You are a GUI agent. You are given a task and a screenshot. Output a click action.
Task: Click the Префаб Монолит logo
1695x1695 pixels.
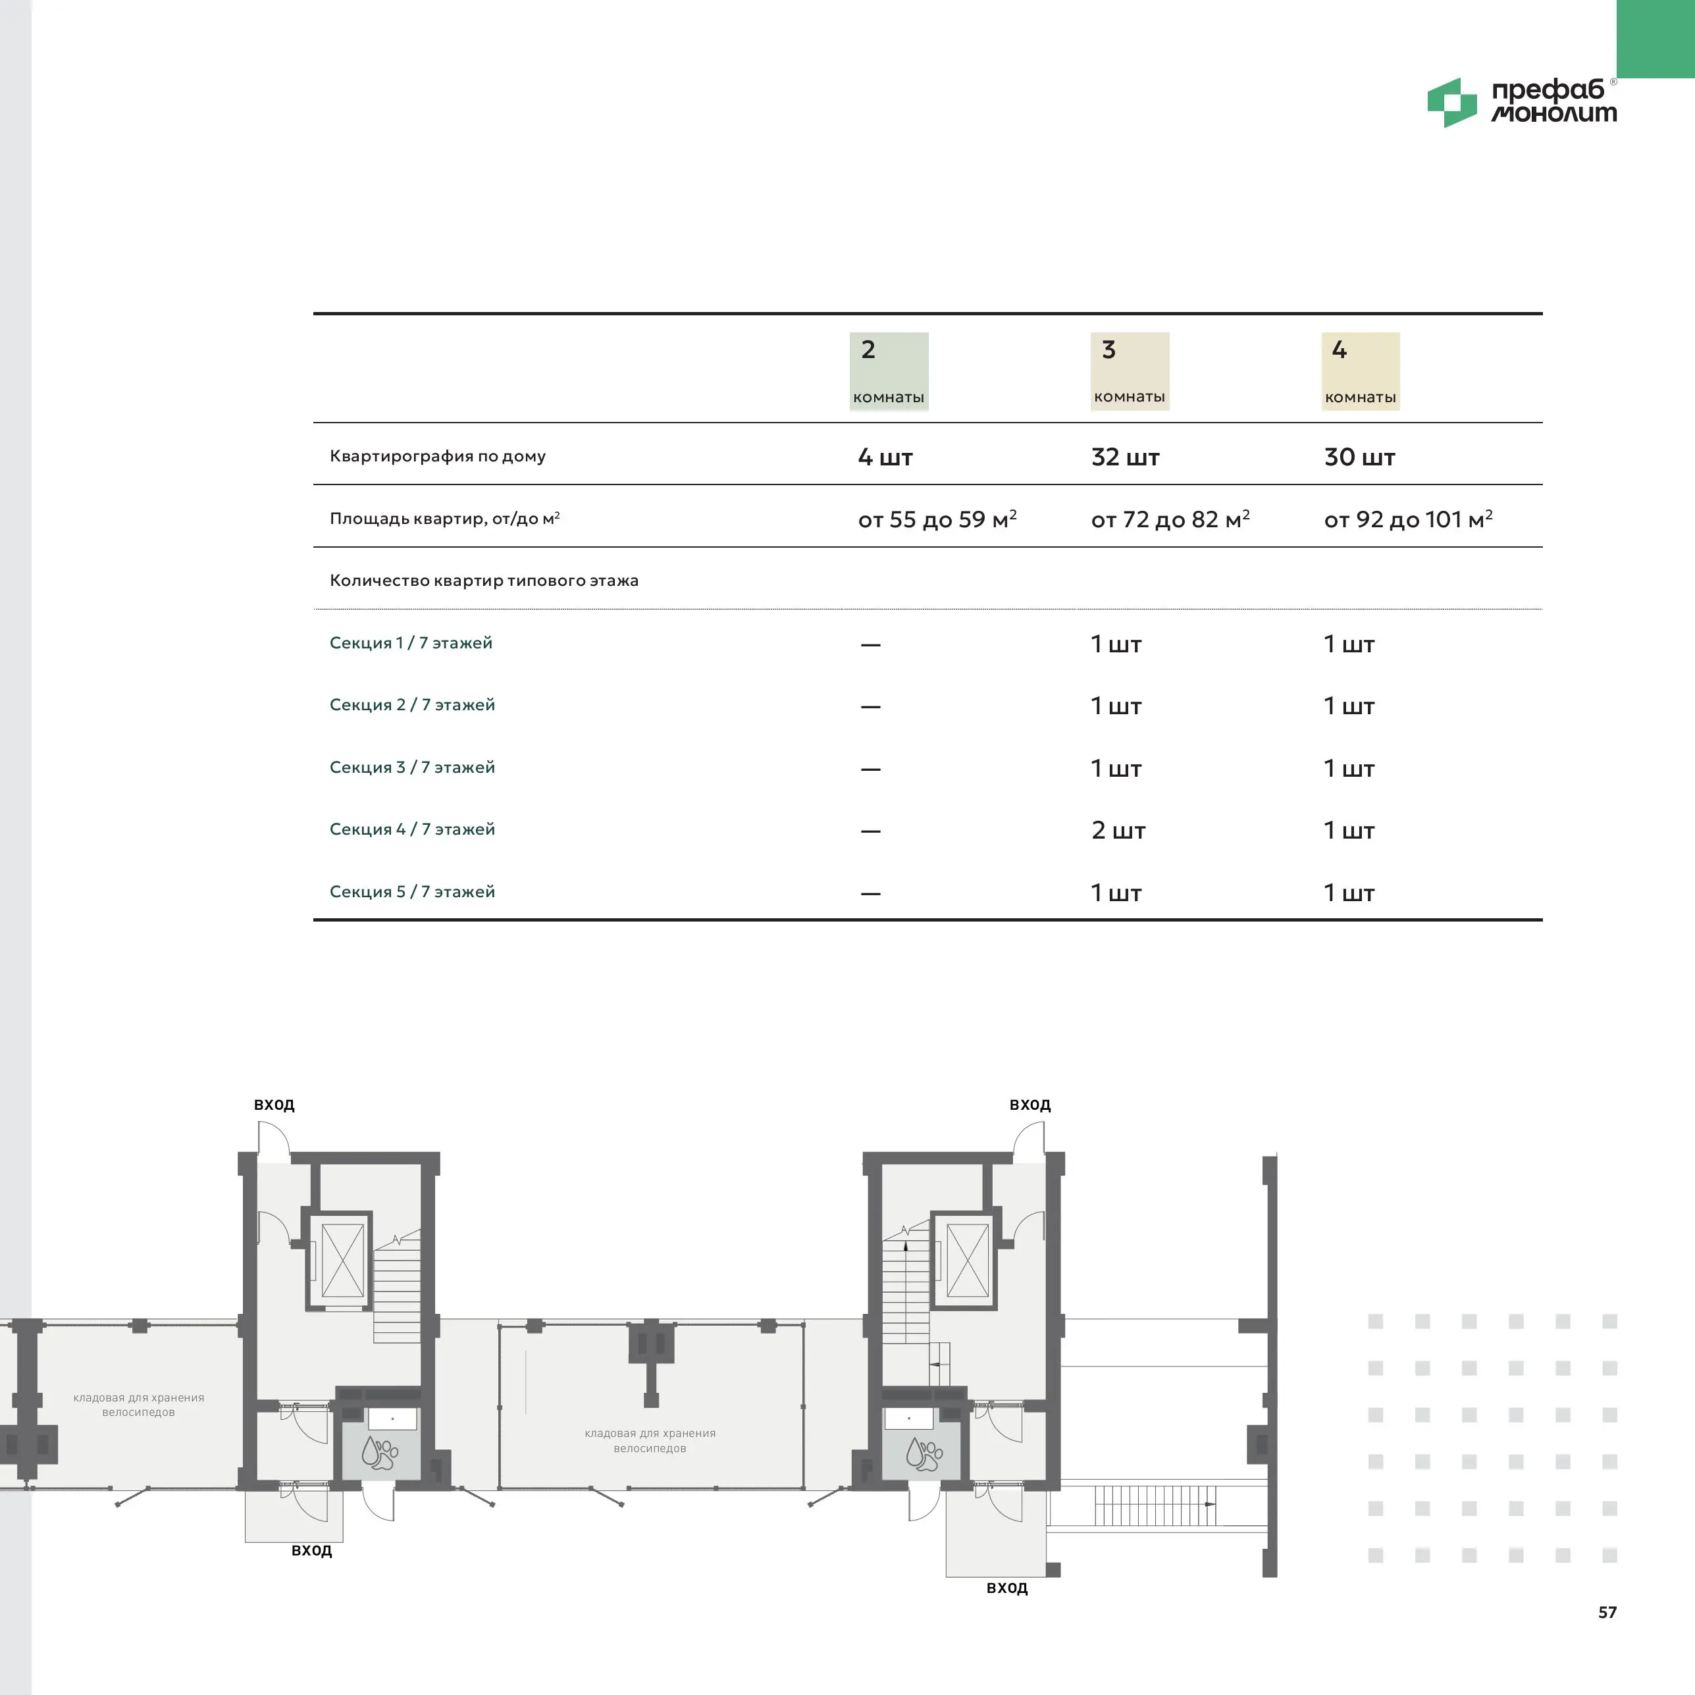pos(1522,102)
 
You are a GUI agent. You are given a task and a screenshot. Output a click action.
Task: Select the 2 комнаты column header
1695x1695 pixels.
pos(889,371)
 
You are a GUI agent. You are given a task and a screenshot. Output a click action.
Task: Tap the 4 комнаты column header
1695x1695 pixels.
pos(1361,371)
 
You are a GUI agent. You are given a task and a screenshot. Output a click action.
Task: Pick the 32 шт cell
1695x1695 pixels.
pos(1125,457)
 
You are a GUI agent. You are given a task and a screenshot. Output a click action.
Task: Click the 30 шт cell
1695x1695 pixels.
pos(1359,457)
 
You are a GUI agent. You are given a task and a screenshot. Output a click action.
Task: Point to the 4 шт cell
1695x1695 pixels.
pos(885,457)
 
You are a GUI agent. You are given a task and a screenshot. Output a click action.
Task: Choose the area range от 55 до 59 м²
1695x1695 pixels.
pos(937,519)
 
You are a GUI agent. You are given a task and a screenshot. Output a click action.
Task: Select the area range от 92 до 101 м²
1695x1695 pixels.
pos(1408,519)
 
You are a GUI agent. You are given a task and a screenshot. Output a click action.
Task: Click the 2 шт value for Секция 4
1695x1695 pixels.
pos(1118,830)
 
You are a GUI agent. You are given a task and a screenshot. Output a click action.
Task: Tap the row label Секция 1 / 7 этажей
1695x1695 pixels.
pos(411,643)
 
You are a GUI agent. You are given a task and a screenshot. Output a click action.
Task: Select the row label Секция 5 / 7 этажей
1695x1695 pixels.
pos(412,891)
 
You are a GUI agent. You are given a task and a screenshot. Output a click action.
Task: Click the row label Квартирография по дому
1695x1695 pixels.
pos(438,456)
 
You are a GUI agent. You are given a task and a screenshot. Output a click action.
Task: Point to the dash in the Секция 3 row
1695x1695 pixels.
pos(870,769)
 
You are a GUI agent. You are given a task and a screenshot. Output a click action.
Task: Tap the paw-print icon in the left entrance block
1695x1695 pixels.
pos(380,1453)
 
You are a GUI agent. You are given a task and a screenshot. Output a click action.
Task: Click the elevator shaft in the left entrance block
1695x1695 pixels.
pos(342,1261)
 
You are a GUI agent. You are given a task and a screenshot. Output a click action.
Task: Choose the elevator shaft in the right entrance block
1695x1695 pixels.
pos(968,1261)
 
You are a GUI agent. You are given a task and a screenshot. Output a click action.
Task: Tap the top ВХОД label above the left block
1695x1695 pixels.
pos(274,1105)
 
